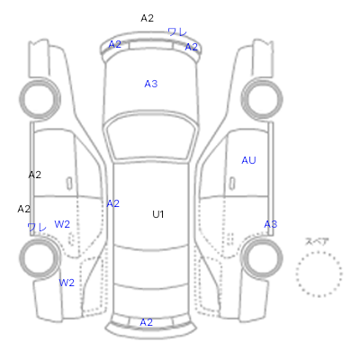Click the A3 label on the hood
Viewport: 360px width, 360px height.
(151, 84)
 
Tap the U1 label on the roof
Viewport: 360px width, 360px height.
(158, 214)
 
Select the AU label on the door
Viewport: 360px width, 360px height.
(248, 160)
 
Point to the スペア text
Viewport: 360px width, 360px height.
(317, 241)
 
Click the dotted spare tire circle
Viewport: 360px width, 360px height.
(319, 252)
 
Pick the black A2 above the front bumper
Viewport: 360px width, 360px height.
(148, 18)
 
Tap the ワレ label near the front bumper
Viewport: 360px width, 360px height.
(177, 31)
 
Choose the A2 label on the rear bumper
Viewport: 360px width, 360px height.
(147, 322)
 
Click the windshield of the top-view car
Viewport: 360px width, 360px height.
(151, 137)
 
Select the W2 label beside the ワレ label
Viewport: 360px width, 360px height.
(62, 224)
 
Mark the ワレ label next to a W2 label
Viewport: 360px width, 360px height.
(37, 227)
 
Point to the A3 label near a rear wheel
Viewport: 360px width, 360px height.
(271, 224)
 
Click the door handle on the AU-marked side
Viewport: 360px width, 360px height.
(232, 184)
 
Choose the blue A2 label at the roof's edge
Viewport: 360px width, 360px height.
(113, 203)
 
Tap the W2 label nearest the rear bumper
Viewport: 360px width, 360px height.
(67, 283)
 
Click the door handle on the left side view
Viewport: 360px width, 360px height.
(69, 184)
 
